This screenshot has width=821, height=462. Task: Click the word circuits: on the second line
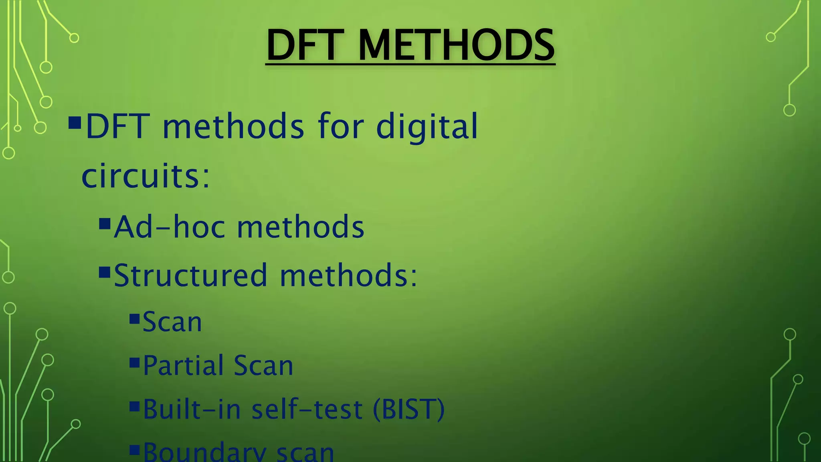[x=146, y=176]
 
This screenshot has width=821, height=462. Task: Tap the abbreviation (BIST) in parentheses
[x=408, y=409]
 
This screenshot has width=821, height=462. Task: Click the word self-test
[x=307, y=409]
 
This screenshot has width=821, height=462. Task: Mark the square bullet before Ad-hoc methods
[x=105, y=224]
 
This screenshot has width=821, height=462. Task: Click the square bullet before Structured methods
[x=105, y=273]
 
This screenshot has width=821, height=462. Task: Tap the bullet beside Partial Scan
[x=134, y=363]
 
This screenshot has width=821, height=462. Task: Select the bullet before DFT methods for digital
[x=75, y=123]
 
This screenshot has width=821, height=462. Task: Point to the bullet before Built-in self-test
[x=134, y=407]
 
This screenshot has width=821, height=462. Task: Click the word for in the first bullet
[x=341, y=127]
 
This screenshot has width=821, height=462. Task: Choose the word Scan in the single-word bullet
[x=172, y=322]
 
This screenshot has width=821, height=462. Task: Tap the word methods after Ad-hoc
[x=301, y=227]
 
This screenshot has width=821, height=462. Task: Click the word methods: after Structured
[x=348, y=276]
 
